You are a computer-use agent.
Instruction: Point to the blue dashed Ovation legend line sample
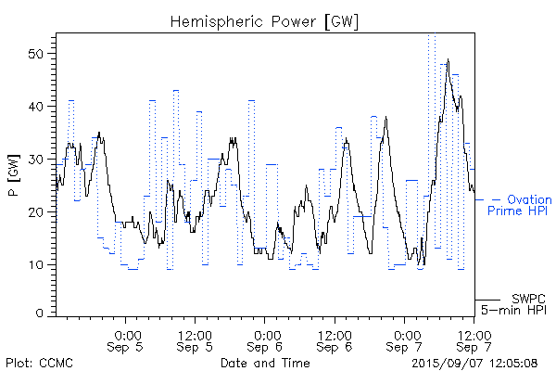pyautogui.click(x=488, y=199)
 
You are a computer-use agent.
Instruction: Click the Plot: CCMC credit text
pyautogui.click(x=39, y=362)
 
